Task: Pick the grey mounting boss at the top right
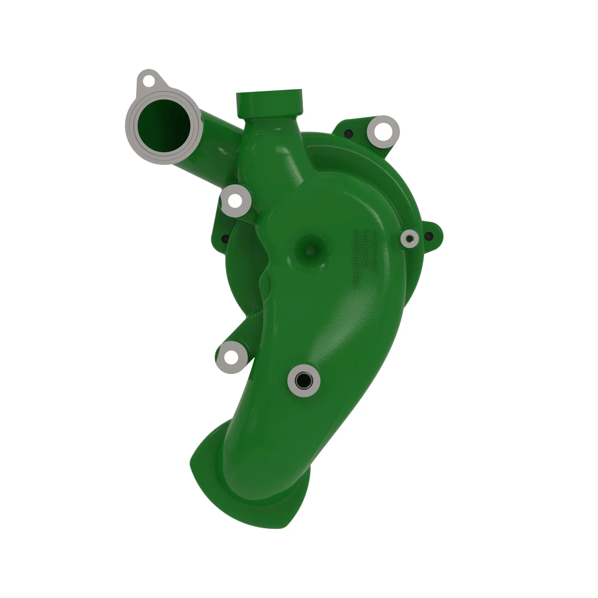(x=383, y=132)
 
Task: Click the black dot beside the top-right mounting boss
(x=349, y=134)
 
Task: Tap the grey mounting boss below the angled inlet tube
(x=235, y=201)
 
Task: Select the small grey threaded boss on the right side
(x=409, y=239)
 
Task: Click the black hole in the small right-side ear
(x=429, y=237)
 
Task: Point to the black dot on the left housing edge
(x=225, y=239)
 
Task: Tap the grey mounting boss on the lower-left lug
(x=231, y=358)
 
